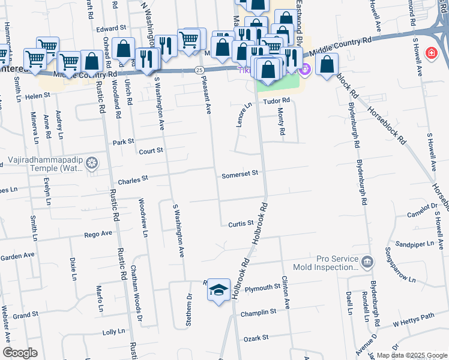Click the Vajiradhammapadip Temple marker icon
(92, 163)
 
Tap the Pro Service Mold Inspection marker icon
(367, 262)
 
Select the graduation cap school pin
(218, 290)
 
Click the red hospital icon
(431, 54)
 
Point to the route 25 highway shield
(199, 70)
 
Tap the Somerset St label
(240, 173)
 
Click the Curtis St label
(241, 224)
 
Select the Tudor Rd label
(277, 100)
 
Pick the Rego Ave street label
(98, 234)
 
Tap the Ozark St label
(256, 338)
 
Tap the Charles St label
(133, 179)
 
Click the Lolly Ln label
(113, 331)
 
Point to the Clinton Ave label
(286, 292)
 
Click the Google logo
(20, 353)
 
